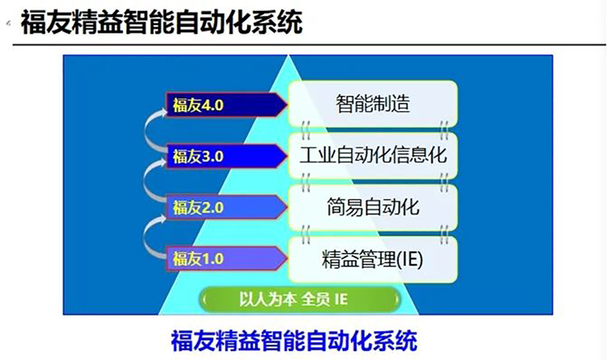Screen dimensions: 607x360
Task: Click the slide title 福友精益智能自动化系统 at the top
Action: pos(161,22)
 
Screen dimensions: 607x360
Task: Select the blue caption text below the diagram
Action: pos(294,341)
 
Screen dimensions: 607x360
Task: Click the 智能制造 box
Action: pos(373,104)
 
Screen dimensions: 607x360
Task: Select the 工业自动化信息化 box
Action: pos(373,156)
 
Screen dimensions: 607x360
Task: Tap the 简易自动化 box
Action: pos(373,207)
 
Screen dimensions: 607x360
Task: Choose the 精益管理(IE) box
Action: pos(373,259)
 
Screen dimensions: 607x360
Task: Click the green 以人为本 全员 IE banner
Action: pos(300,299)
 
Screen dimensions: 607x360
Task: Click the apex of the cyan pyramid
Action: pos(288,56)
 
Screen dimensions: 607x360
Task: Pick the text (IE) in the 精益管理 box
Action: pos(410,259)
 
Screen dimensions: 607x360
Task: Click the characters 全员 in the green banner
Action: pos(315,299)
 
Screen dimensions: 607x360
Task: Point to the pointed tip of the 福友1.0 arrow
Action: pos(287,259)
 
